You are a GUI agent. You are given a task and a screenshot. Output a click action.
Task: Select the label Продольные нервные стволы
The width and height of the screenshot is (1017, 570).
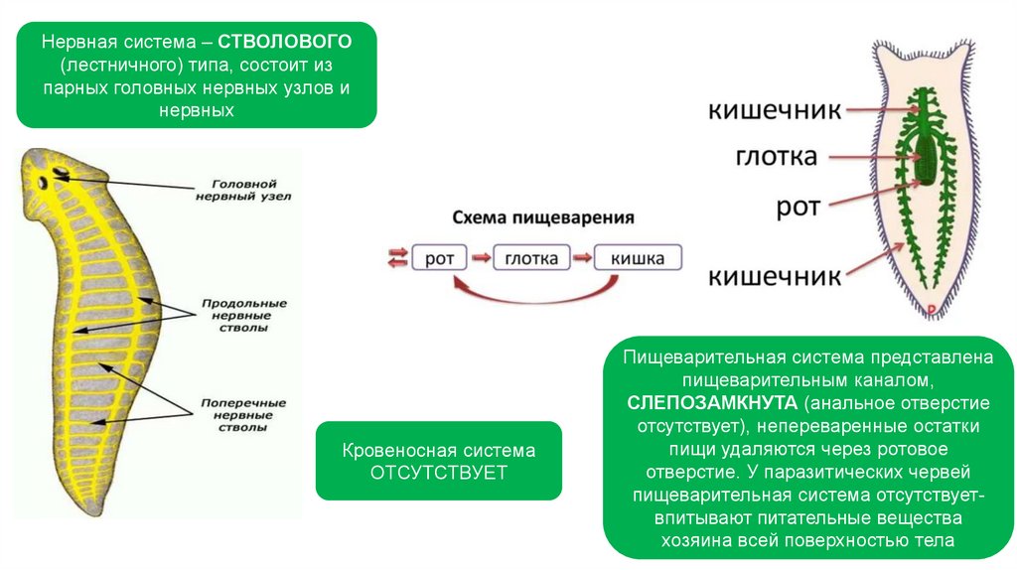[244, 314]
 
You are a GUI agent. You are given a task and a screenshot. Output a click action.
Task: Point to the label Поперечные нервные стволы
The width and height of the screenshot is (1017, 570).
[244, 415]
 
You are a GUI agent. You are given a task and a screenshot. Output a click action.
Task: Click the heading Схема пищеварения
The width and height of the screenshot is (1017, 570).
[543, 217]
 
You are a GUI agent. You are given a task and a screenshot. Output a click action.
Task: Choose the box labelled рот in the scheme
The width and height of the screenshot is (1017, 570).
[439, 258]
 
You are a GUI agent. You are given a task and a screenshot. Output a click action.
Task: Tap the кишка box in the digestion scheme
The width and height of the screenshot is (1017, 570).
[638, 258]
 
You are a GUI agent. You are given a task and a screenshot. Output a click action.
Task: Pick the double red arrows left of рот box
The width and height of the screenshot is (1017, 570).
[397, 258]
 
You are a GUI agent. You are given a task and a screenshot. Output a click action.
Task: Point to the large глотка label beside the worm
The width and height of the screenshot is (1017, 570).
[777, 157]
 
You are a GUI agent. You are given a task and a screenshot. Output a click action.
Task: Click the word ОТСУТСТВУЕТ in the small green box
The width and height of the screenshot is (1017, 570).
[438, 472]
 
